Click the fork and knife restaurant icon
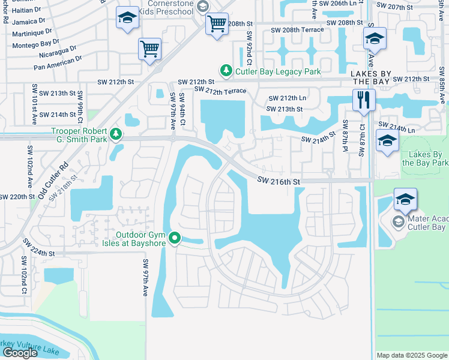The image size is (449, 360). (364, 100)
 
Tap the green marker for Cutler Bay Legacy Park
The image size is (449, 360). (226, 71)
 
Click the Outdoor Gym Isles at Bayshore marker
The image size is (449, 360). (175, 239)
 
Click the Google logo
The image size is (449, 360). (20, 353)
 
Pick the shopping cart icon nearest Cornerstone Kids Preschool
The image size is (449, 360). (217, 25)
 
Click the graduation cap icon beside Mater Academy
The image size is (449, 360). (405, 199)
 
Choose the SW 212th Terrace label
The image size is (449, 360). (220, 90)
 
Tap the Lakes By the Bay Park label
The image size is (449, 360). (424, 158)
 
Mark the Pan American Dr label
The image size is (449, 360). (57, 67)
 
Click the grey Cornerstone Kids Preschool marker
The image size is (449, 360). (202, 7)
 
